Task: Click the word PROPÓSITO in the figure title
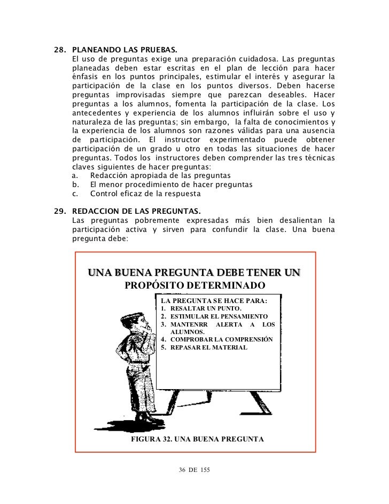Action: coord(153,284)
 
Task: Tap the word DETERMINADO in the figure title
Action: coord(224,284)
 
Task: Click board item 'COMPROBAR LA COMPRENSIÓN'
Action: coord(220,339)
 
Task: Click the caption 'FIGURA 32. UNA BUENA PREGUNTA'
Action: coord(197,440)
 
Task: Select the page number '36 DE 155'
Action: coord(194,470)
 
